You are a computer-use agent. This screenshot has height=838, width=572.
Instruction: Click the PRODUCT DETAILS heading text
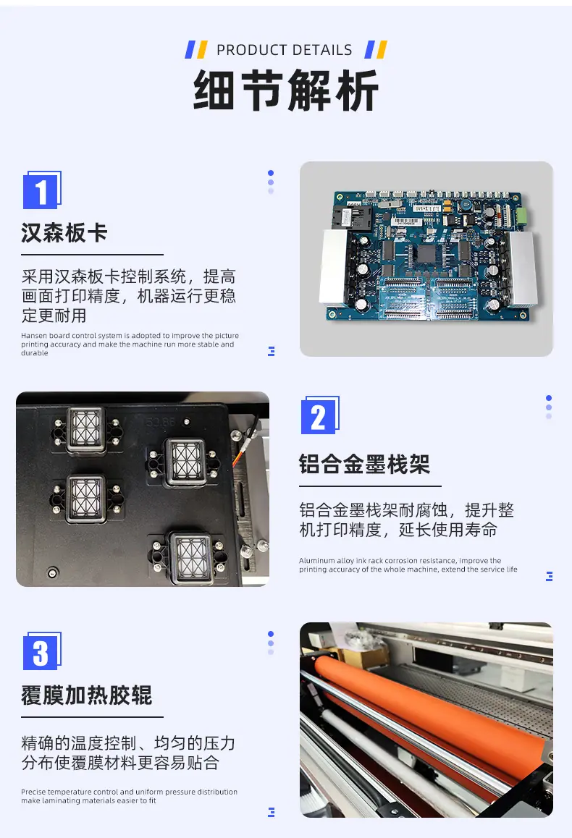(x=285, y=50)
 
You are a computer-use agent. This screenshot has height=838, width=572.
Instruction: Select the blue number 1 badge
(x=42, y=190)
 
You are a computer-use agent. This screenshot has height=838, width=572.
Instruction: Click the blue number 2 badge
(x=320, y=415)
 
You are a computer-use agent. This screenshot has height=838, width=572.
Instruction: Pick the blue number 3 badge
(x=42, y=651)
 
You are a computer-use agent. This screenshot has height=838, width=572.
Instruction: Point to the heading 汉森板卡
(x=64, y=233)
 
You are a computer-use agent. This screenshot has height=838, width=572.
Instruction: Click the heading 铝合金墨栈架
(x=365, y=464)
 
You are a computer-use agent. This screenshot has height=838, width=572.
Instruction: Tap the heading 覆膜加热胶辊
(x=87, y=695)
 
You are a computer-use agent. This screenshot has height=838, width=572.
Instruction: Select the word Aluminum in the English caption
(x=316, y=561)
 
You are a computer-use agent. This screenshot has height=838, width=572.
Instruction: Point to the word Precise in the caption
(x=34, y=792)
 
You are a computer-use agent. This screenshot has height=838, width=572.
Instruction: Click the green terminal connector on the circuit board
(x=521, y=216)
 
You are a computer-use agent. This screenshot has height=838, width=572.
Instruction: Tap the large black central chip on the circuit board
(x=426, y=253)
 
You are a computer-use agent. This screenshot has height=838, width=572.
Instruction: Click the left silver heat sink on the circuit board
(x=334, y=267)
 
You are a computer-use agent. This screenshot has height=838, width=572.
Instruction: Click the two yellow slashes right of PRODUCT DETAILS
(x=377, y=50)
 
